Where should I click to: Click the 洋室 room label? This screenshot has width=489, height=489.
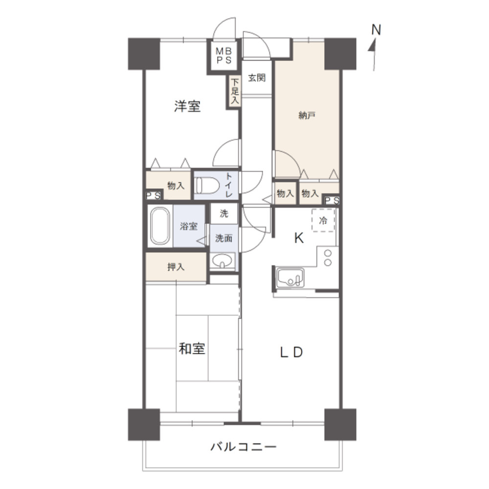coord(187,107)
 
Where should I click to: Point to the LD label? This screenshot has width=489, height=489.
coord(292,352)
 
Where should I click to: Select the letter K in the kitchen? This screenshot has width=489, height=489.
coord(298,238)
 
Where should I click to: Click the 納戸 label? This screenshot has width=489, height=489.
coord(307,115)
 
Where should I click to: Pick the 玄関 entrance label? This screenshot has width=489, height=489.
coord(256,78)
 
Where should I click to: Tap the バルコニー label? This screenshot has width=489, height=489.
coord(244,447)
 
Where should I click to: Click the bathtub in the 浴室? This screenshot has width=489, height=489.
coord(160,226)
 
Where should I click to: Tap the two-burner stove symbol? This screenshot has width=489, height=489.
coord(328,258)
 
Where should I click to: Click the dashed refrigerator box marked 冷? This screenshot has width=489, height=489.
coord(323,221)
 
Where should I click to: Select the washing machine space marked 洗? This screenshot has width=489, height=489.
coord(224,213)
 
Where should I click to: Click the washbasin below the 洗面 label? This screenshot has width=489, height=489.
coord(223,262)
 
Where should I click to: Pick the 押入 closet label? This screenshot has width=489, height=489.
coord(175,267)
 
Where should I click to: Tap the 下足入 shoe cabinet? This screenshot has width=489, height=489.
coord(235,91)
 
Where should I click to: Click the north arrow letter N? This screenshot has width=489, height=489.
coord(376,30)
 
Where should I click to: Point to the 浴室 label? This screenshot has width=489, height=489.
coord(188,226)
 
